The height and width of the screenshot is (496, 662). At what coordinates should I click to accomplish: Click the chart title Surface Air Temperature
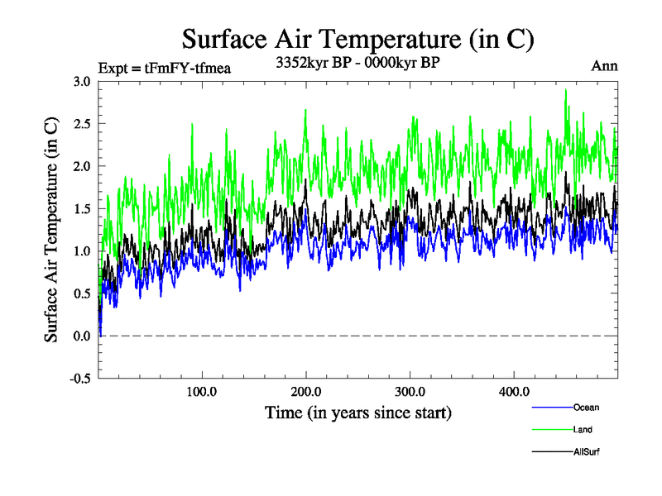[357, 39]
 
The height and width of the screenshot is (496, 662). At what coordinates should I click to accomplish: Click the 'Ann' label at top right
[604, 66]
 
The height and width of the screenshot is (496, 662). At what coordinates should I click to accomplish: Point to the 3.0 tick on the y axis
[82, 81]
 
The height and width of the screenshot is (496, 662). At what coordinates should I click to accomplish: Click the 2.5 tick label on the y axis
[82, 124]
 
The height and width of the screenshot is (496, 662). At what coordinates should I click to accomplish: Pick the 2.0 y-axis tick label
[82, 166]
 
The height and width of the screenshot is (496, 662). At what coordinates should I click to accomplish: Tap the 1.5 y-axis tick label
[82, 208]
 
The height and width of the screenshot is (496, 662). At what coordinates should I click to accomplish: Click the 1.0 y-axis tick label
[82, 251]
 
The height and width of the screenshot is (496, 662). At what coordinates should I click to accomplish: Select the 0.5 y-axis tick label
[82, 293]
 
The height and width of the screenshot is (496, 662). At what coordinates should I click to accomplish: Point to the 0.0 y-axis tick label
[82, 336]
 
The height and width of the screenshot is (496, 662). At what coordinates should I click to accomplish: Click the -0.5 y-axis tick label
[80, 379]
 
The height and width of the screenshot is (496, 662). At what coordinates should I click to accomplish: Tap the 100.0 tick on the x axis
[202, 391]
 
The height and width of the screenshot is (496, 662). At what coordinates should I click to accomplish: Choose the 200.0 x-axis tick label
[306, 391]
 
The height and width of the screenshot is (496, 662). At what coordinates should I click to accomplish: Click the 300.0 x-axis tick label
[410, 391]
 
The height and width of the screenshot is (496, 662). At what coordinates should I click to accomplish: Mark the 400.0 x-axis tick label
[515, 391]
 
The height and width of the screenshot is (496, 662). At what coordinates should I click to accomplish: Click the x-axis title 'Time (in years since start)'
[358, 411]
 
